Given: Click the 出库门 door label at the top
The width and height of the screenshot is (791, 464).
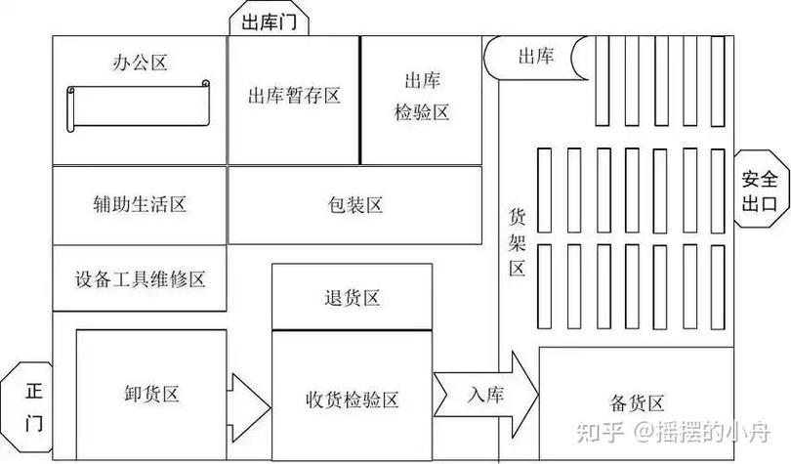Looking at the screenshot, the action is pos(269,22).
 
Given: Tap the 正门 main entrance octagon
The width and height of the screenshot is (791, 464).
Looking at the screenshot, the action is pos(27,407).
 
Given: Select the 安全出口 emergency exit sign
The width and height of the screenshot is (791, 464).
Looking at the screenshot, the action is pos(760,190).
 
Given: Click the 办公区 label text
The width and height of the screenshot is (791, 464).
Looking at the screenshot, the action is pos(140,63).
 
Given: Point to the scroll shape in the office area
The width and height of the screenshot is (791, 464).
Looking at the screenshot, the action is pos(139,105).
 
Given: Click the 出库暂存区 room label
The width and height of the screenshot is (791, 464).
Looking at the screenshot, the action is pos(294,96).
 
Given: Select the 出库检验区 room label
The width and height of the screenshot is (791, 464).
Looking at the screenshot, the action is pos(422,96).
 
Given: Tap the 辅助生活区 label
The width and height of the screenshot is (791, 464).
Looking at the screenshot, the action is pos(140,204).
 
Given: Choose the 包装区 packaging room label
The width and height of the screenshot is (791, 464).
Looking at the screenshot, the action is pos(355,205).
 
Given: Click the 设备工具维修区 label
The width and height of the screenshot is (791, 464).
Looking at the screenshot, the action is pos(140,279).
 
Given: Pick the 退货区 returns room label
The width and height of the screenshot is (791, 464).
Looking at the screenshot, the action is pos(353,298).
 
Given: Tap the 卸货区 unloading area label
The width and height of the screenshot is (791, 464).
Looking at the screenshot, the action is pos(151,394).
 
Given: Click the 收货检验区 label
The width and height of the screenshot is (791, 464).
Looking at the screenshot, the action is pos(353,400).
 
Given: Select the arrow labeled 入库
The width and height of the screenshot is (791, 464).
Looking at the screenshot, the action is pos(485,395).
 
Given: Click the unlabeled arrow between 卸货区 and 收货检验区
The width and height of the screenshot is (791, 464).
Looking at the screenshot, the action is pos(249,407).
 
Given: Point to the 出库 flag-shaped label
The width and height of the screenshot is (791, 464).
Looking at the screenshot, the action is pos(536,57).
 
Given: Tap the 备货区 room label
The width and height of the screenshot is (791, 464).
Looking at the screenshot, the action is pos(637,403).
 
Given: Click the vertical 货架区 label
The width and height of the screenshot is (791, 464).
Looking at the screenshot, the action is pos(517,242).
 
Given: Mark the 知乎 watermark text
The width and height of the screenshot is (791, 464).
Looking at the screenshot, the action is pos(600,432).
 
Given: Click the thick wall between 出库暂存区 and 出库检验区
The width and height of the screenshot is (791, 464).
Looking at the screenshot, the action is pos(360,100).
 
